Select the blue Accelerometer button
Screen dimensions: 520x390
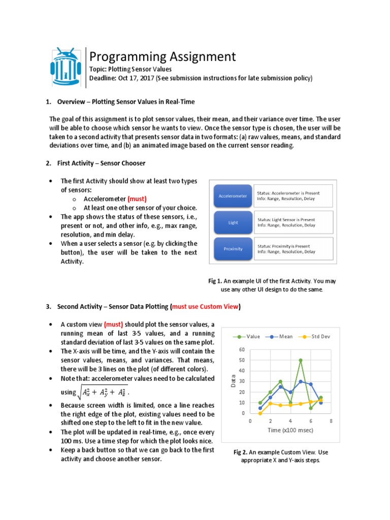[x=233, y=196]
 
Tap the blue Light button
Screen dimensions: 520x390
[x=233, y=222]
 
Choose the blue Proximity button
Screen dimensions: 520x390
[x=233, y=249]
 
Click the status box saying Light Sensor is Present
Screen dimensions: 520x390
[x=293, y=222]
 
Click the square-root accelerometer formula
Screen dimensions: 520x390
[x=105, y=391]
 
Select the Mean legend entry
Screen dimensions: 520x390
[x=281, y=336]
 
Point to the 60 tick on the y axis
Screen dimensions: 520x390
[x=242, y=349]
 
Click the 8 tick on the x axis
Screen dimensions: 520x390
[x=331, y=421]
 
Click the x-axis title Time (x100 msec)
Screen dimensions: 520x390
[x=290, y=430]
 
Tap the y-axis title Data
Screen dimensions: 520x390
[x=234, y=381]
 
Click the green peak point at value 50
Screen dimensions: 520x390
[x=301, y=360]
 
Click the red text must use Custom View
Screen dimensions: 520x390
[x=206, y=307]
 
